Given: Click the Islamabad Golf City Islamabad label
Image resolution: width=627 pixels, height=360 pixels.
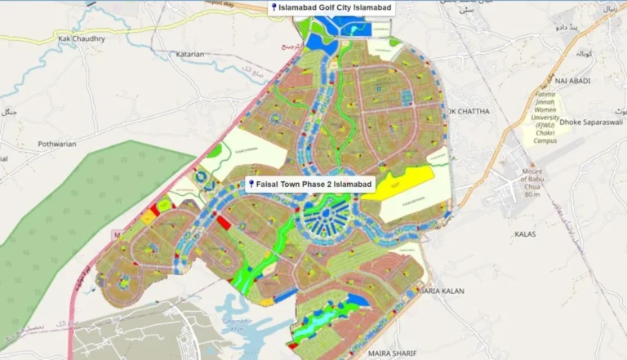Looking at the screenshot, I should click(x=336, y=8).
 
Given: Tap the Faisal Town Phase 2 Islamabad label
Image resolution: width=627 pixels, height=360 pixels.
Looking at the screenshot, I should click(x=313, y=185).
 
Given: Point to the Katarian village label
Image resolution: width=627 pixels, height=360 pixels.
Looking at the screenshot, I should click(x=189, y=55).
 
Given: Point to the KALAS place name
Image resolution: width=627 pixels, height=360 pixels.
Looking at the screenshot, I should click(x=526, y=234).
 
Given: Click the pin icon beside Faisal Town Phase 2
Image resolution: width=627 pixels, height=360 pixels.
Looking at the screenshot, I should click(x=251, y=185).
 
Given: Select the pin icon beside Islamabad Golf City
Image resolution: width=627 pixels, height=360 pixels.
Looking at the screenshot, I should click(x=274, y=8).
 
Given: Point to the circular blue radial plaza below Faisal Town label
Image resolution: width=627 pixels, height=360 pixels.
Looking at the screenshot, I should click(x=323, y=218).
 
